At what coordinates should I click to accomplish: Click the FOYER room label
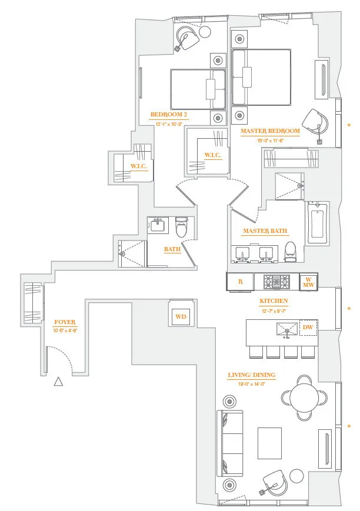pos(65,322)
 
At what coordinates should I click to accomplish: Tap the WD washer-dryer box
pos(181,316)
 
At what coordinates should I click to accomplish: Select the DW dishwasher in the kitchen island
pos(308,328)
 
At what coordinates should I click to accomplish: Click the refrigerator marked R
pos(240,282)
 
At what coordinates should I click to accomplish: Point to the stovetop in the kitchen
pos(276,282)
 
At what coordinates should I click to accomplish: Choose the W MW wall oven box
pos(308,282)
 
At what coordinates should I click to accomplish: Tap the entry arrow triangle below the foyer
pos(58,382)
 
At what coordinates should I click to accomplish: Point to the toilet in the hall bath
pos(181,228)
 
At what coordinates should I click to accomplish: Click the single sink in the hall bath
pos(158,225)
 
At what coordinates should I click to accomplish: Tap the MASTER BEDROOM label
pos(270,131)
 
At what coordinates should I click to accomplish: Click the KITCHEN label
pos(274,301)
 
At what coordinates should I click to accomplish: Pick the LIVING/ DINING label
pos(251,375)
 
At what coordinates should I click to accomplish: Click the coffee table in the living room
pos(269,443)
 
